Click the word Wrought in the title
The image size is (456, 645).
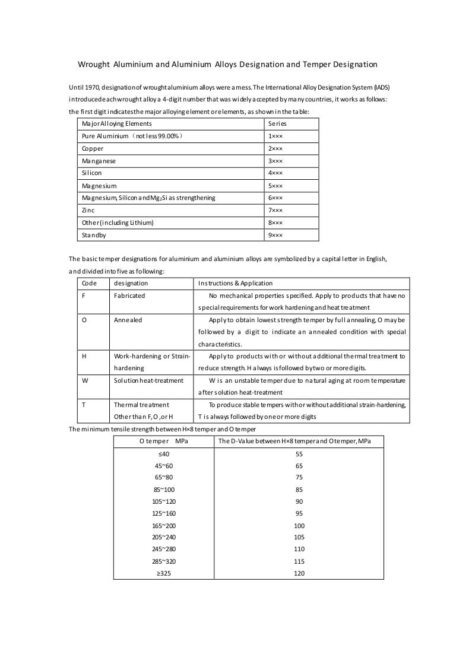point(96,63)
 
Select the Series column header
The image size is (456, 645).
point(278,123)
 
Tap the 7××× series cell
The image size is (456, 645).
point(275,210)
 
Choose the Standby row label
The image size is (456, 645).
point(94,235)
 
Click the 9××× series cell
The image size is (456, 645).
point(275,235)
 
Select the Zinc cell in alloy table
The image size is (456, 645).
point(88,210)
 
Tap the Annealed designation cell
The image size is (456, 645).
point(128,320)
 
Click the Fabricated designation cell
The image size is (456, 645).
point(129,295)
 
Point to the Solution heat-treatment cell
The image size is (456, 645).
point(148,380)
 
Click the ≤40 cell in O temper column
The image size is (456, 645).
point(164,453)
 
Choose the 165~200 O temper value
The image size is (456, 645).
point(164,526)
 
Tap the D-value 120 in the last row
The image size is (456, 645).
point(299,573)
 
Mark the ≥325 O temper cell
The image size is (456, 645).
point(164,573)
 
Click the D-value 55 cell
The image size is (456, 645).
point(299,453)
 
